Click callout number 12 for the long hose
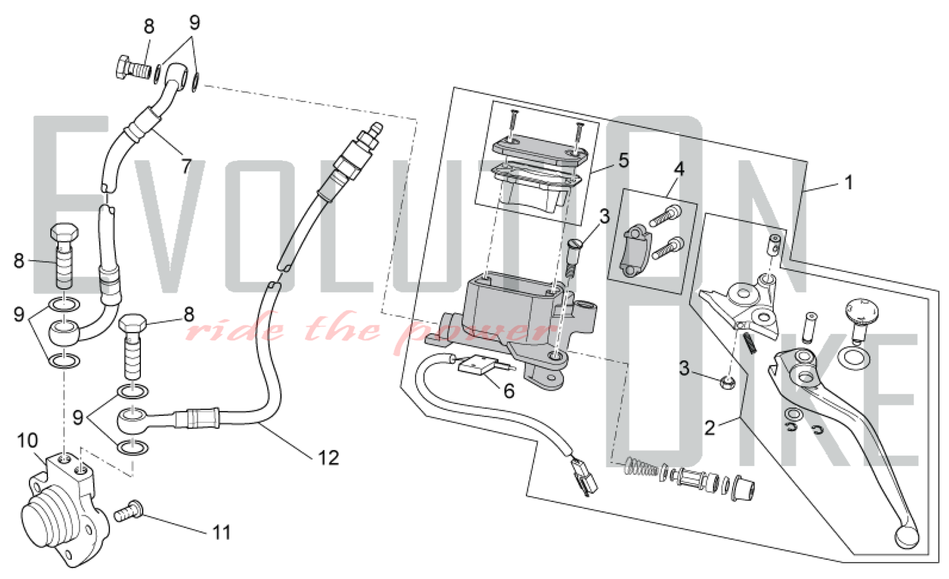328,458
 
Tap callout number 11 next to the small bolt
222,532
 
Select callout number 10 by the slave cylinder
27,440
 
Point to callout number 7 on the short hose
186,166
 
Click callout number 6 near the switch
509,391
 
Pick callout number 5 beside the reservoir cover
623,160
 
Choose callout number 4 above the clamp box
679,168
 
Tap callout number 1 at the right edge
849,182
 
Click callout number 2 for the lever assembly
709,428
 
